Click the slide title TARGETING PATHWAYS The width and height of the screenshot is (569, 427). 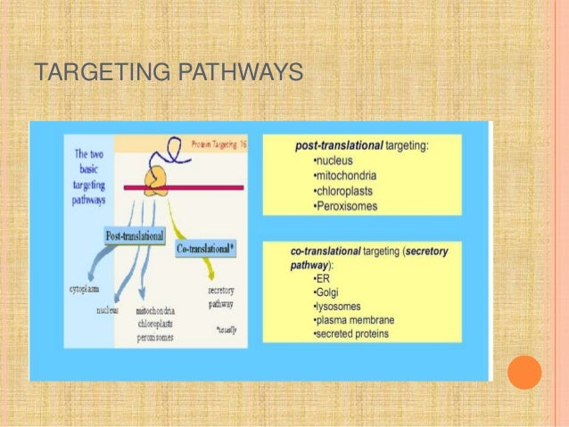tap(168, 71)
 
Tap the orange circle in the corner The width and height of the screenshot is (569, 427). tap(524, 373)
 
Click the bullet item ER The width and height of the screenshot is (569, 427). tap(322, 277)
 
